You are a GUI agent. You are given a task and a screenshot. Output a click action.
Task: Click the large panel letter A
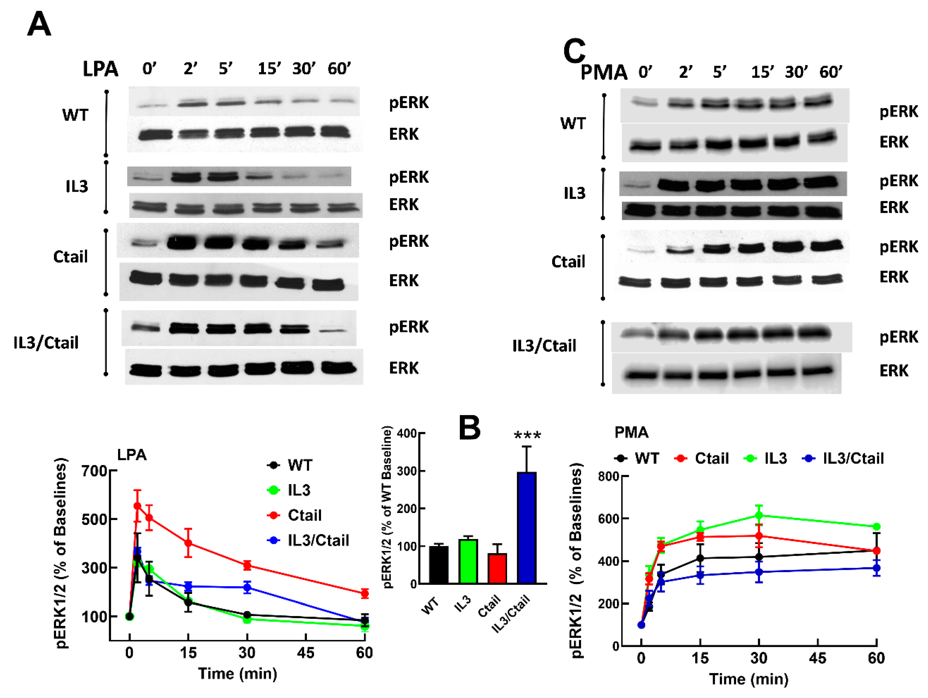[39, 24]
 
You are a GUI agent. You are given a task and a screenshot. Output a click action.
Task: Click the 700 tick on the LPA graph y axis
[94, 471]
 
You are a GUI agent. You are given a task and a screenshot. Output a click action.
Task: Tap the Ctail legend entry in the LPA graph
[305, 515]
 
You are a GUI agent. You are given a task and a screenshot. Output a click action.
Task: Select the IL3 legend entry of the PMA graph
[775, 458]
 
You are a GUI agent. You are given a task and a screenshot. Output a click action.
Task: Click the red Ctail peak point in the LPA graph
[137, 506]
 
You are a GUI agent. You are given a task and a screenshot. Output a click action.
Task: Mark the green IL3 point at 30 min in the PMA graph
[758, 515]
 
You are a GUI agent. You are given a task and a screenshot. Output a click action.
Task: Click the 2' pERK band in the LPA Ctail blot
[182, 242]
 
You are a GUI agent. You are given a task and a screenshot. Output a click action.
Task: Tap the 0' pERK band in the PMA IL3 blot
[636, 185]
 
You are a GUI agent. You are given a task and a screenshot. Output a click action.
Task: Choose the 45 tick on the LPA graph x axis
[306, 653]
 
